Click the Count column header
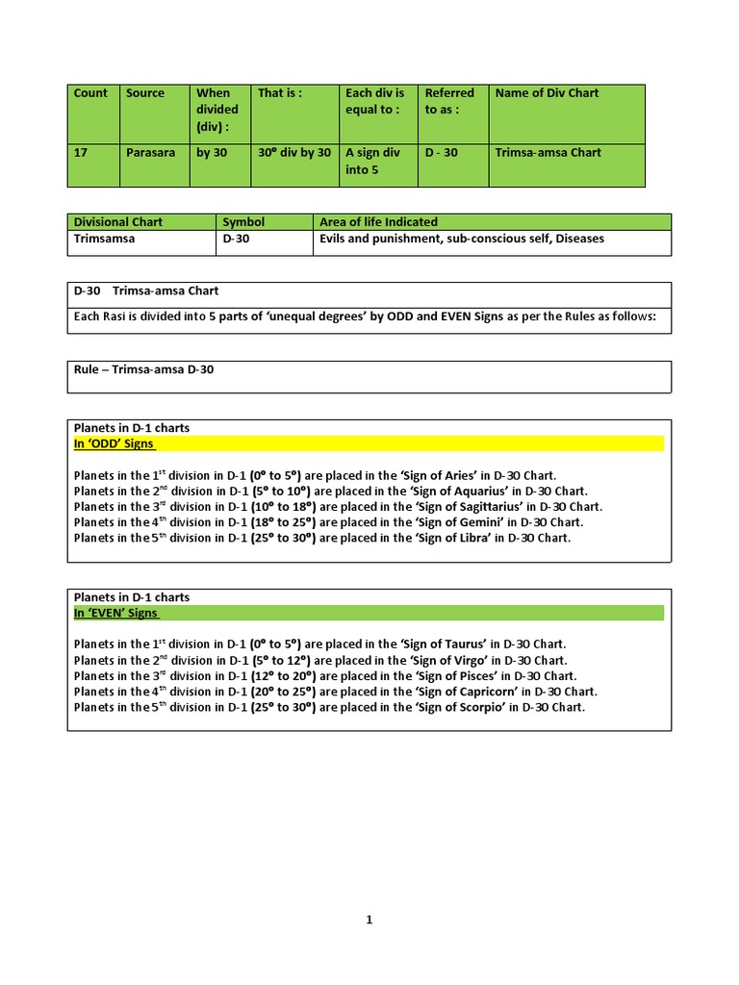coord(91,93)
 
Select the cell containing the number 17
coord(81,152)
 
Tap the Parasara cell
coord(150,152)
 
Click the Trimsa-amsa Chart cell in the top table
coord(548,152)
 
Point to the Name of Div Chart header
coord(547,93)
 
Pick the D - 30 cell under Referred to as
coord(442,152)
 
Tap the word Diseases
coord(580,239)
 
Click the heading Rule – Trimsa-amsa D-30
coord(143,369)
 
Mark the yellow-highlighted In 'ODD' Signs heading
coord(114,443)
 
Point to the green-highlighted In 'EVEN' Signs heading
coord(115,613)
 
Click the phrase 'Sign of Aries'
coord(463,475)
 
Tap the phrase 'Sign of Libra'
coord(463,538)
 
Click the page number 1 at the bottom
coord(369,921)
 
